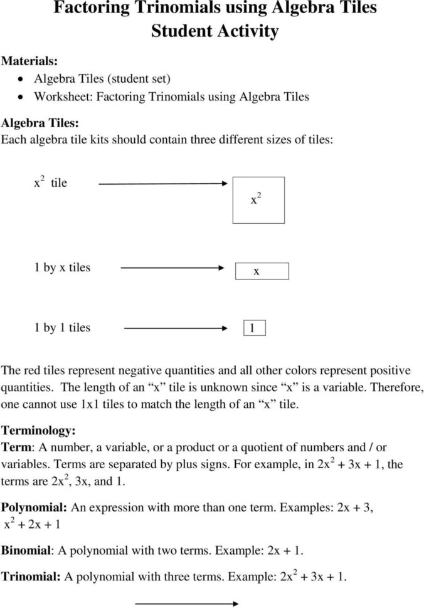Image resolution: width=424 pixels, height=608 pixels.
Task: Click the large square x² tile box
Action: click(258, 200)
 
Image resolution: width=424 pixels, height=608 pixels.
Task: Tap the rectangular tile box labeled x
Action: click(262, 271)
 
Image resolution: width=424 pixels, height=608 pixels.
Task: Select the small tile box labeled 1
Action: click(254, 328)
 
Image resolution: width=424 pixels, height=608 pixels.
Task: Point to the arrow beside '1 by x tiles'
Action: click(172, 268)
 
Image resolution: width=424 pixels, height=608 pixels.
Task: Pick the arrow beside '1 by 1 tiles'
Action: click(176, 328)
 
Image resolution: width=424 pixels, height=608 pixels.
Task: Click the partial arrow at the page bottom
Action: click(188, 604)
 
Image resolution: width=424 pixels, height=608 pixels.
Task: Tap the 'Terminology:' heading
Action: click(38, 431)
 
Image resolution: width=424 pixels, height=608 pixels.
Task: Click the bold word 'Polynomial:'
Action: click(34, 506)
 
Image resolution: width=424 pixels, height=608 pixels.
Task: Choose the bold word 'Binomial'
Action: click(27, 551)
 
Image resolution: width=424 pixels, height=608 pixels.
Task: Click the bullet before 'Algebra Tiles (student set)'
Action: click(21, 80)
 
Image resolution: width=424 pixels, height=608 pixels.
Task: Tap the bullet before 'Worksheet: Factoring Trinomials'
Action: click(21, 98)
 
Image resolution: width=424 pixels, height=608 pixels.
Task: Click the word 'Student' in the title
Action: click(181, 31)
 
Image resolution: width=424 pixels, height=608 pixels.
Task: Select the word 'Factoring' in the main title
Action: click(92, 8)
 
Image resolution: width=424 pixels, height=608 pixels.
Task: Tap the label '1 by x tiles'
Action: click(61, 268)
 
